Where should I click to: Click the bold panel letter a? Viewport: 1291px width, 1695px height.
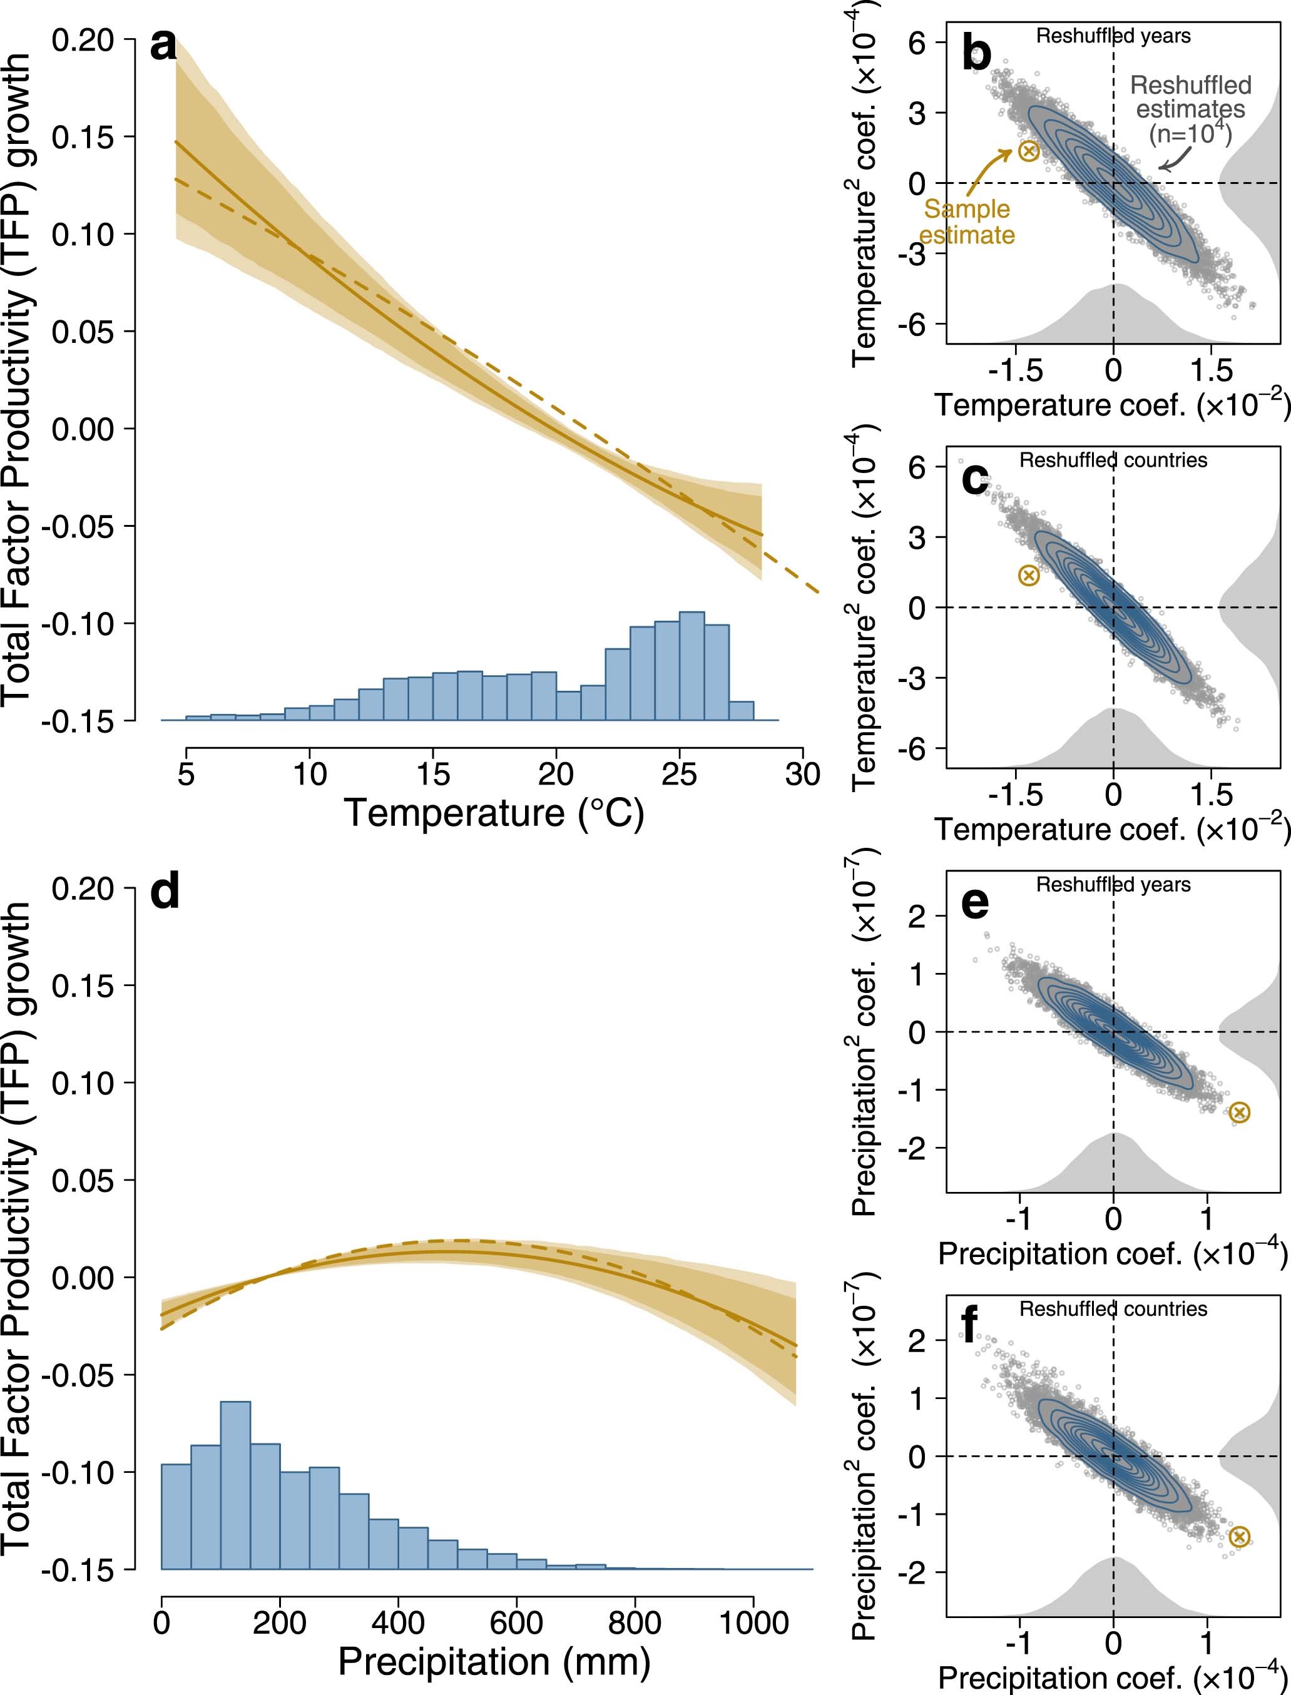[x=163, y=46]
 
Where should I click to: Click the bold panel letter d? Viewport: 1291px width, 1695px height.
[x=165, y=893]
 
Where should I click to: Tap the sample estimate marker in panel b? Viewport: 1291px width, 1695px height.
[x=1028, y=151]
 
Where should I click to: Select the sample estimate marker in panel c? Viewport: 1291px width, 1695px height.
[x=1028, y=576]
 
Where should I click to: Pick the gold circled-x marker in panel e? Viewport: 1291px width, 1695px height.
[x=1238, y=1112]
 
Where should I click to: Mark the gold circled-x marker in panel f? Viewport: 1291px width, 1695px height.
[x=1238, y=1537]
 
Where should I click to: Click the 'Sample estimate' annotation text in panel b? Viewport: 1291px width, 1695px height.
[x=967, y=222]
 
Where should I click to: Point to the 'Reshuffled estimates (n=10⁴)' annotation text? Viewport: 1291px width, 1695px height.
[x=1190, y=109]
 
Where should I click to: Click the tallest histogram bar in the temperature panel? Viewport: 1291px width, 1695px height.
[x=691, y=665]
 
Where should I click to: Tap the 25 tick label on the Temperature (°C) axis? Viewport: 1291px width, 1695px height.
[x=678, y=774]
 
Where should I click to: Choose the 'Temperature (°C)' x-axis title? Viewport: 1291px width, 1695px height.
[x=493, y=813]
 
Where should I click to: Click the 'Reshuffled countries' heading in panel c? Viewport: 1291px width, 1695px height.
[x=1113, y=461]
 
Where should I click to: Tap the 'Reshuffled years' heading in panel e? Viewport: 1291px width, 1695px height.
[x=1113, y=885]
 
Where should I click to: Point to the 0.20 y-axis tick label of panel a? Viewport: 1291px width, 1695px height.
[x=82, y=40]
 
